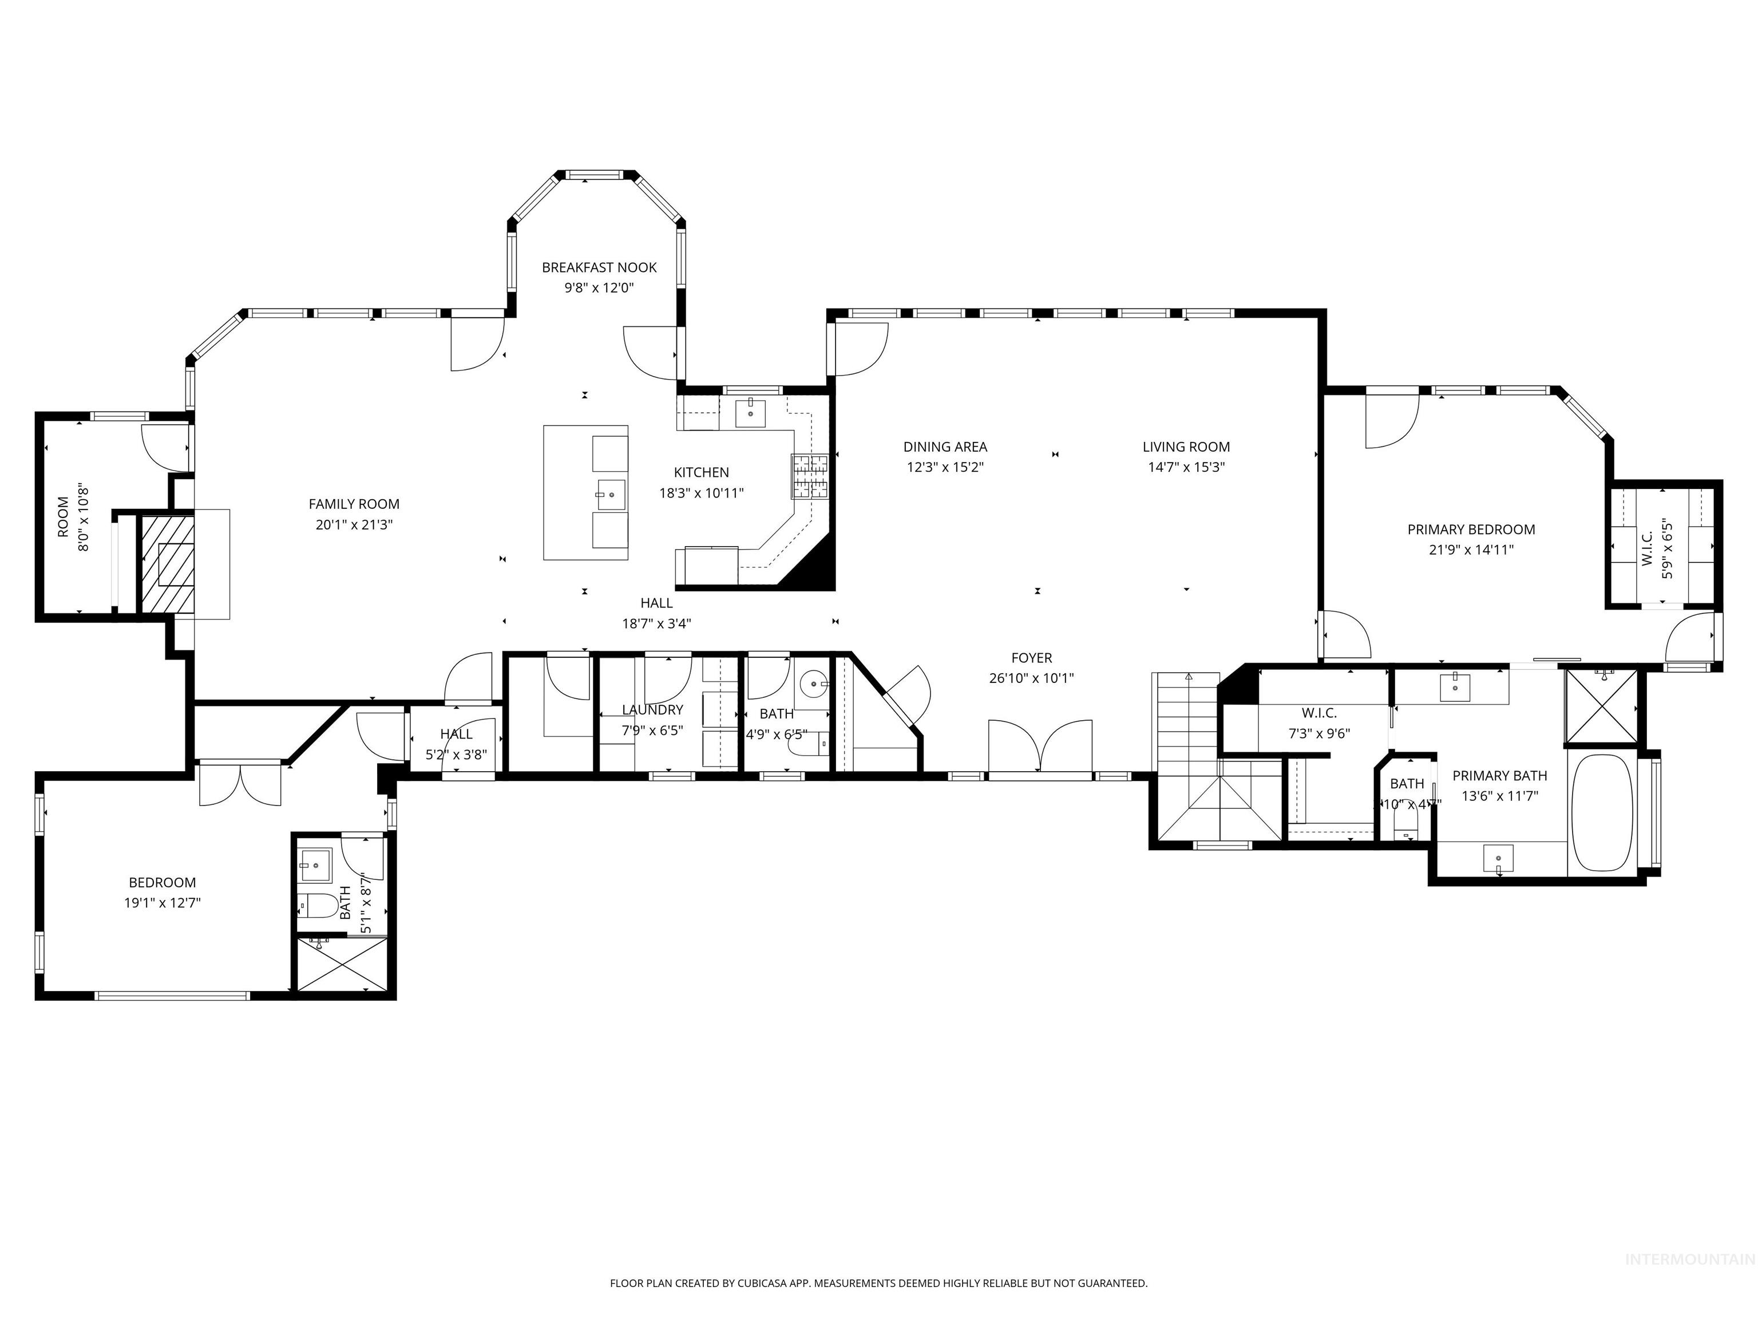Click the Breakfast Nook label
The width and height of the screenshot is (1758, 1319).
(599, 268)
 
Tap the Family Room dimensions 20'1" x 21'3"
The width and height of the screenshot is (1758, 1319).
(354, 525)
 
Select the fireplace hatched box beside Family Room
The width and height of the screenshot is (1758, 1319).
(168, 564)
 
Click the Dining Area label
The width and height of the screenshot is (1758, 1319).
(945, 447)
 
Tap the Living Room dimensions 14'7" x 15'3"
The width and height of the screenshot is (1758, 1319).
(1186, 468)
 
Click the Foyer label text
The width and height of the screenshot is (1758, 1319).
(1032, 658)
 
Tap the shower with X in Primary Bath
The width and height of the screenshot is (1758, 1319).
(1601, 707)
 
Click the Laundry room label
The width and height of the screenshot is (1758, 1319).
(652, 710)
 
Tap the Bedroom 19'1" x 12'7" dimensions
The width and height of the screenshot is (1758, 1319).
(162, 903)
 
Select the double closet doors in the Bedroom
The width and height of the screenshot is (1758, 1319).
(239, 783)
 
